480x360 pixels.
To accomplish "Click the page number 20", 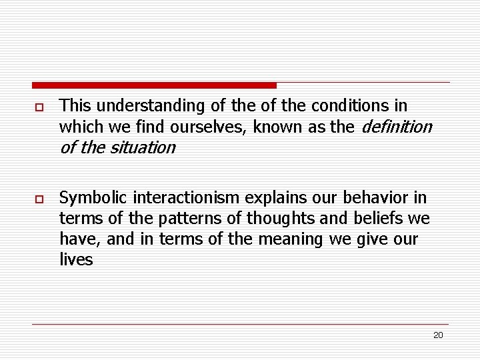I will pyautogui.click(x=438, y=335).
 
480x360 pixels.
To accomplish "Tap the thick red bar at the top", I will pyautogui.click(x=154, y=85).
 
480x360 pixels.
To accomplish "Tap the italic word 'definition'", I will pyautogui.click(x=395, y=126).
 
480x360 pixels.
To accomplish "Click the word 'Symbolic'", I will pyautogui.click(x=93, y=198).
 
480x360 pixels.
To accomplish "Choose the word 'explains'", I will pyautogui.click(x=306, y=198).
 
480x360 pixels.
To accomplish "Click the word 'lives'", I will pyautogui.click(x=76, y=259).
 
